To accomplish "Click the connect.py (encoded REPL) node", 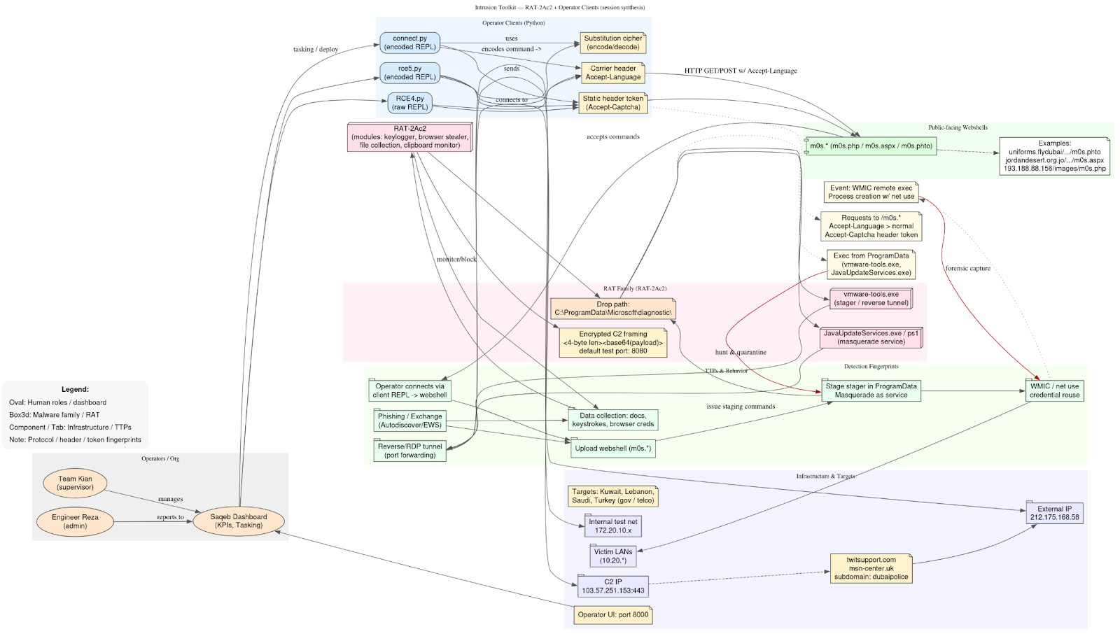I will pos(409,43).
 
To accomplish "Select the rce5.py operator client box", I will pos(409,73).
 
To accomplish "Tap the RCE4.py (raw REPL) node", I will pos(409,103).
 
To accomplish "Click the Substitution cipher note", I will pos(612,43).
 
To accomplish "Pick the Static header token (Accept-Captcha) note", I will pos(612,103).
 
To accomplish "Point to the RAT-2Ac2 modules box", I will pos(409,137).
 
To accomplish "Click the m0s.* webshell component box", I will pos(871,146).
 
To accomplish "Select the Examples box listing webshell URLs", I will pos(1054,156).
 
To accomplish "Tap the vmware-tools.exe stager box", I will pos(871,299).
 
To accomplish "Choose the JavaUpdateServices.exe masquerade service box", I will pos(871,337).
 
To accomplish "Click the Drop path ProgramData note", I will pos(612,309).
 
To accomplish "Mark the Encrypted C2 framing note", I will pos(612,342).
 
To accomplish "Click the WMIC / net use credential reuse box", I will pos(1054,390).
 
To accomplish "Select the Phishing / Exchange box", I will pos(409,421).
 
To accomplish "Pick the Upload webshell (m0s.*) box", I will pos(612,449).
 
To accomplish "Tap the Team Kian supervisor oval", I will pos(75,483).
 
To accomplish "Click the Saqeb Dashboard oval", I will pos(239,521).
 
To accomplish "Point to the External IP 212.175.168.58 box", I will pos(1054,514).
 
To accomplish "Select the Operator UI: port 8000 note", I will pos(612,615).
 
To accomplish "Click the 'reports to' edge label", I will pos(170,518).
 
